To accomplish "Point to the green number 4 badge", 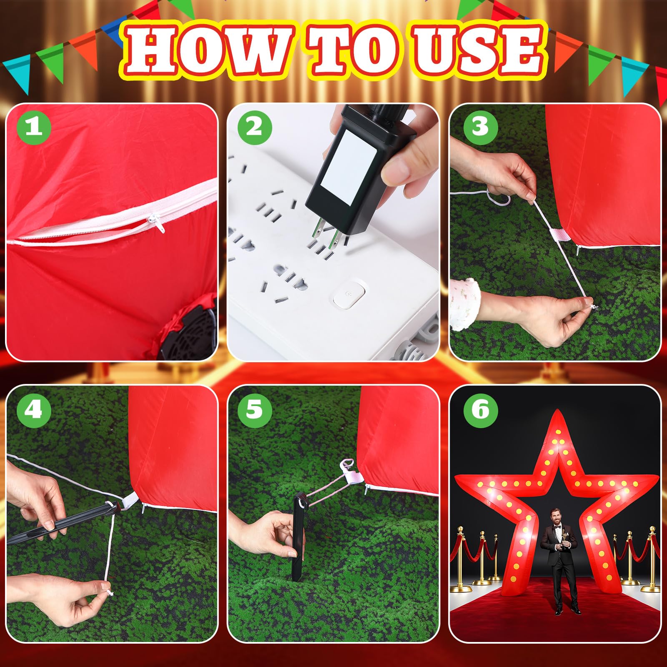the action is (x=34, y=409).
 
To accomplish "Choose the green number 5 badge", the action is (x=255, y=409).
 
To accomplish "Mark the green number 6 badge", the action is (x=480, y=409).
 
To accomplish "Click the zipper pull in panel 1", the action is (x=158, y=223).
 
